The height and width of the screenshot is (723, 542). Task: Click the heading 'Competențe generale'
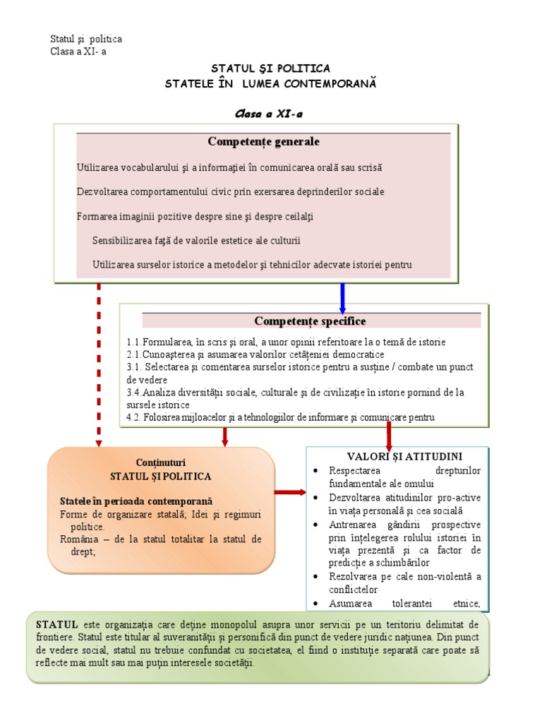(x=263, y=142)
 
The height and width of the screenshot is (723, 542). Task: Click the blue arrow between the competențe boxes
(x=342, y=297)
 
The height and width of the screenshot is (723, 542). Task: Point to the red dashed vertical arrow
(x=99, y=364)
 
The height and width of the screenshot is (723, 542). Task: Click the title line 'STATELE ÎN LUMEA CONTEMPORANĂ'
(x=271, y=83)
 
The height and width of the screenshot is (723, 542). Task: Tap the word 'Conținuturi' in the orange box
(x=160, y=462)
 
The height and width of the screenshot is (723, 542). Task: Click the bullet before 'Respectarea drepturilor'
(x=315, y=471)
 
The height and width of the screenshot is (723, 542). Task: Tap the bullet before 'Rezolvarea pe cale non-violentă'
(x=315, y=577)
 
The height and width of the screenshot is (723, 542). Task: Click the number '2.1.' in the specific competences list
(x=134, y=354)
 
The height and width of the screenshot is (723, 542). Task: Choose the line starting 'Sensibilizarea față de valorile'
(x=196, y=241)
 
